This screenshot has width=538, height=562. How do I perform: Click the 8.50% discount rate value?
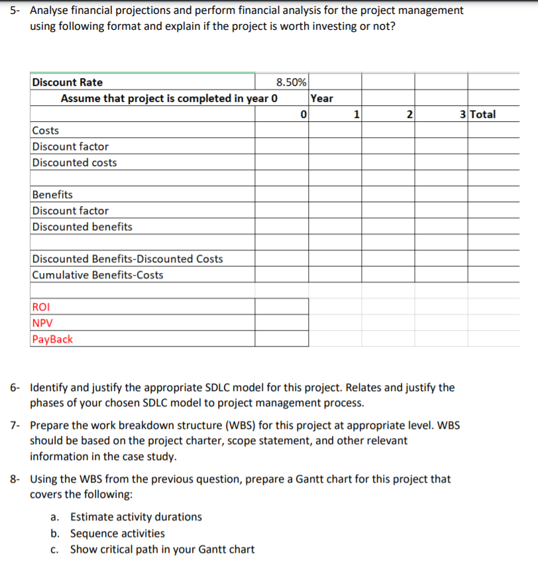pos(291,82)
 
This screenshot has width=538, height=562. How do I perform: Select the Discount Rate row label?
pos(68,82)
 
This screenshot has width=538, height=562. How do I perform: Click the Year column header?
pos(322,98)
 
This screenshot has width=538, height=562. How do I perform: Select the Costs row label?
pos(46,131)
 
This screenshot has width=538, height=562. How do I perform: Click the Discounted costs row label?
pos(75,162)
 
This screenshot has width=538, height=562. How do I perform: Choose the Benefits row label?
pos(53,194)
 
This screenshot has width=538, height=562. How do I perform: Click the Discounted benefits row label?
pos(82,227)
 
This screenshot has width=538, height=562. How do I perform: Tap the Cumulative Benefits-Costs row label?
pos(97,274)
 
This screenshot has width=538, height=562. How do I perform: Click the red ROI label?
pos(40,307)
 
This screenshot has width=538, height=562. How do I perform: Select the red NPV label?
pos(42,323)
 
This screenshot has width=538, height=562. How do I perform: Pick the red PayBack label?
pos(52,339)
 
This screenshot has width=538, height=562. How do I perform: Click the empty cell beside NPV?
pos(282,323)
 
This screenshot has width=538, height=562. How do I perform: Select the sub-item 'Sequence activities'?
pos(117,533)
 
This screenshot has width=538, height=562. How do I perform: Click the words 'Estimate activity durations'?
pos(136,517)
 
